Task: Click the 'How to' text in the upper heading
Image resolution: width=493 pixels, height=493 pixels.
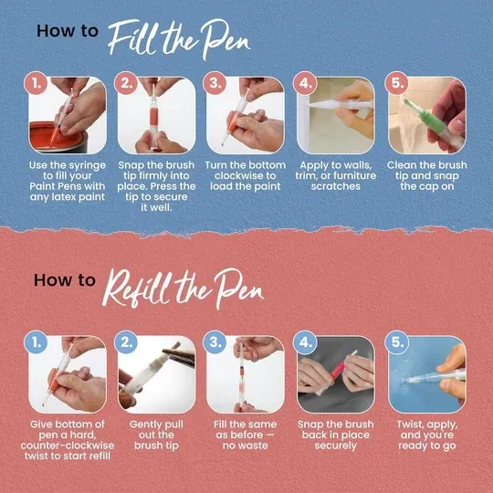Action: [67, 30]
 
